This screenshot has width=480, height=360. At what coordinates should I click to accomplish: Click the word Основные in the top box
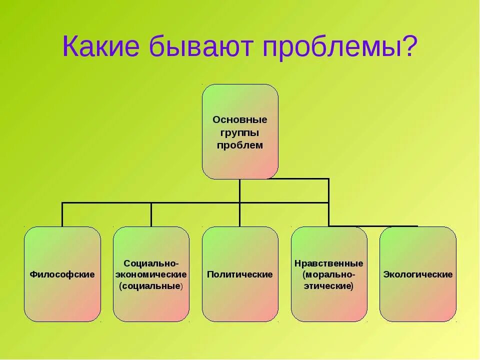click(240, 120)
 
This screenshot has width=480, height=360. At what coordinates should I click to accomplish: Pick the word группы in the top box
click(240, 133)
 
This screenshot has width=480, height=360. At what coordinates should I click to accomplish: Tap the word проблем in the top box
click(240, 145)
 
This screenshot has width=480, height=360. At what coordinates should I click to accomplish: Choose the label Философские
click(62, 274)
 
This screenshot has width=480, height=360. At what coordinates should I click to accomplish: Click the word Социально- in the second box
click(151, 262)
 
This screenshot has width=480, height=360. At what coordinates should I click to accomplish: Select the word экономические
click(151, 274)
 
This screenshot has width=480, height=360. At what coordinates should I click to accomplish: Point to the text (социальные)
click(151, 286)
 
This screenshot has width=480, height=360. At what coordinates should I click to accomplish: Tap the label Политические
click(240, 274)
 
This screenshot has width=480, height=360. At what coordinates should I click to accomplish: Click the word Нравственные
click(329, 263)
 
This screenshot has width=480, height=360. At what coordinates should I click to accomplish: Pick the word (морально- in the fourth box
click(329, 274)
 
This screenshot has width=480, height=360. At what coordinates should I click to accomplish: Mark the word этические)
click(329, 286)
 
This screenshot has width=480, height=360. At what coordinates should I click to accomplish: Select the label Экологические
click(418, 274)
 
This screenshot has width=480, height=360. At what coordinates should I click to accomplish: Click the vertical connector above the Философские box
click(62, 214)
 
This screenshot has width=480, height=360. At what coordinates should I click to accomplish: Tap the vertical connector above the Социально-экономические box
click(151, 214)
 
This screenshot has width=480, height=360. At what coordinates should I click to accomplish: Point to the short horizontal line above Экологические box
click(380, 226)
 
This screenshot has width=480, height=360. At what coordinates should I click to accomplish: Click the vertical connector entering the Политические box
click(240, 215)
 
